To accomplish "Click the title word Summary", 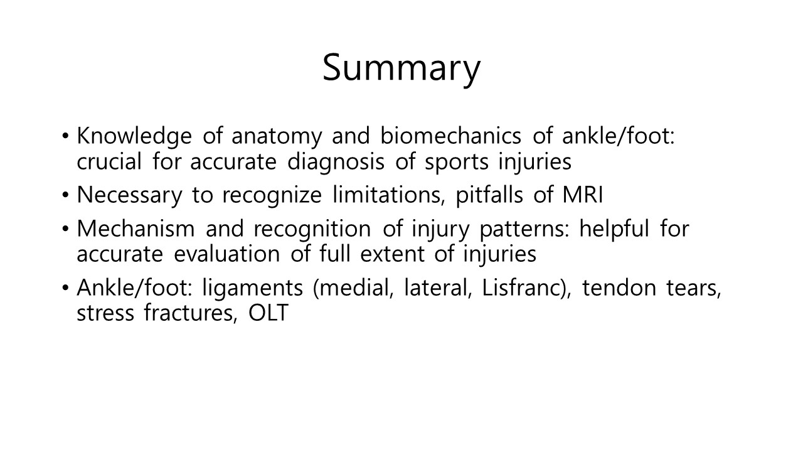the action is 401,69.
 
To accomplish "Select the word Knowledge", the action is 134,137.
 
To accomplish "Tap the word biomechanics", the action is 450,136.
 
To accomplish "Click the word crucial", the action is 109,161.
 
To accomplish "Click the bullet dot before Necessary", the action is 65,195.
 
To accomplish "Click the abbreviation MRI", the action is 583,195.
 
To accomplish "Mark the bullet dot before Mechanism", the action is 65,229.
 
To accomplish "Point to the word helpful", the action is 614,229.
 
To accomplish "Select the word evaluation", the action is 226,253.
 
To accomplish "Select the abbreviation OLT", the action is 269,313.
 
